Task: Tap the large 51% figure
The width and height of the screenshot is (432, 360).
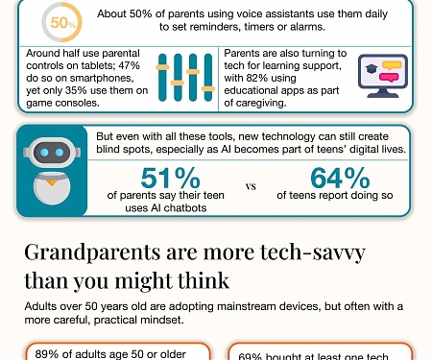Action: pyautogui.click(x=170, y=178)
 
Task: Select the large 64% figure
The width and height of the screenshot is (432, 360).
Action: pyautogui.click(x=340, y=178)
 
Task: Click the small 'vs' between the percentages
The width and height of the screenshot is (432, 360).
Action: pyautogui.click(x=251, y=186)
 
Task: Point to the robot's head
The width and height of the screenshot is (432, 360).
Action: pyautogui.click(x=52, y=153)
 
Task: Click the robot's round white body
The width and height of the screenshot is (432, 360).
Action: pyautogui.click(x=52, y=188)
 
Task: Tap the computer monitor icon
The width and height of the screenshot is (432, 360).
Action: pyautogui.click(x=383, y=76)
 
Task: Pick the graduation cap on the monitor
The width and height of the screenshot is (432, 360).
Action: pyautogui.click(x=372, y=68)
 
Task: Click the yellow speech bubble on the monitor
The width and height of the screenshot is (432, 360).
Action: pyautogui.click(x=392, y=65)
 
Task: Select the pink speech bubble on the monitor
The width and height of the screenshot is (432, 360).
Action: pyautogui.click(x=389, y=78)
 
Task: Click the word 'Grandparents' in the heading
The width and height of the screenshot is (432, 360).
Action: pyautogui.click(x=92, y=252)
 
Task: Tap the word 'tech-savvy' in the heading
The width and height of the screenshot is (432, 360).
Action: pyautogui.click(x=313, y=252)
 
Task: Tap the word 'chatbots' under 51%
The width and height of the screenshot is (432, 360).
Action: pyautogui.click(x=185, y=208)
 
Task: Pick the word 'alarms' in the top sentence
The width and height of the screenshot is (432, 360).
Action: pyautogui.click(x=307, y=27)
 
